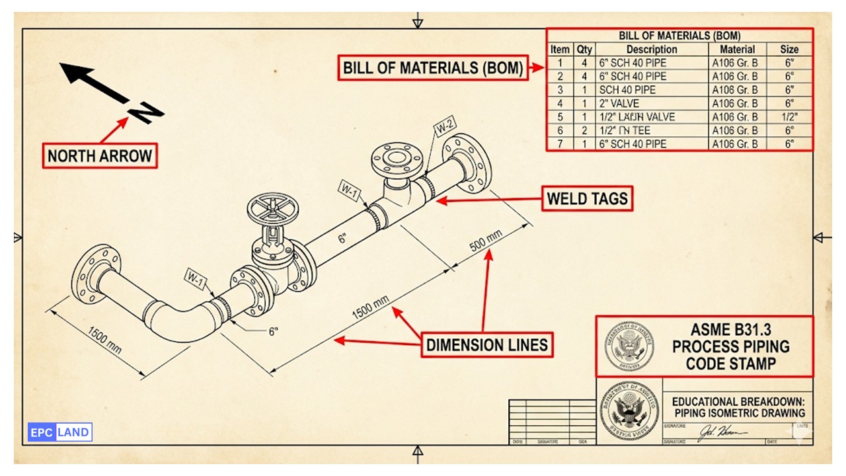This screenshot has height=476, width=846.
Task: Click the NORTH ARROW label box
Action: [x=100, y=156]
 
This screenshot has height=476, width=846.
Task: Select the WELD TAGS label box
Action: [x=587, y=198]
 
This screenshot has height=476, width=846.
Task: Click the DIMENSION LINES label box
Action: [x=486, y=344]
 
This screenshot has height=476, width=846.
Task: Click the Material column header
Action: [x=737, y=50]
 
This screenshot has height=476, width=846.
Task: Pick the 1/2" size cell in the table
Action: [x=789, y=117]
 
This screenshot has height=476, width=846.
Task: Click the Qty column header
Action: [x=584, y=50]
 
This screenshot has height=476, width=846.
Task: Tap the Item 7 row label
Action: [x=560, y=144]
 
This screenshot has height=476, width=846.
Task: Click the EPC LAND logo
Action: [x=60, y=432]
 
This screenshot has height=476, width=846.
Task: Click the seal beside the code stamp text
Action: [x=629, y=347]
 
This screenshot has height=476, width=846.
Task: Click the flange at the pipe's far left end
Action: [x=96, y=274]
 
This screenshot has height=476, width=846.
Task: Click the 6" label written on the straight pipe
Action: [x=342, y=238]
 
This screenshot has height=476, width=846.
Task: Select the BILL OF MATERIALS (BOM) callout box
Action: [x=433, y=67]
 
